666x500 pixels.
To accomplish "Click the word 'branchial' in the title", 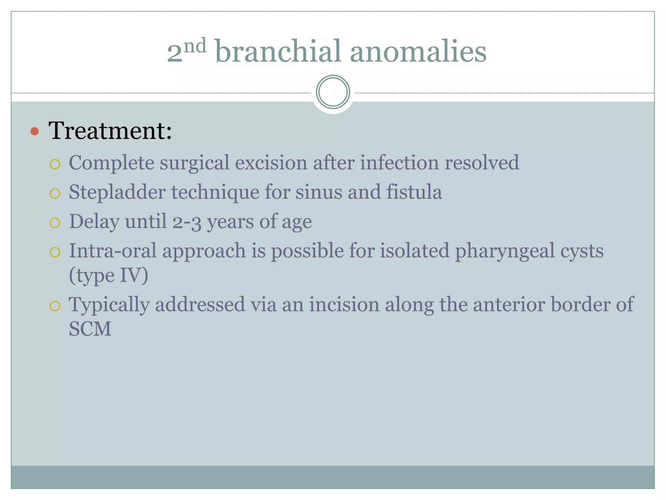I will (278, 51).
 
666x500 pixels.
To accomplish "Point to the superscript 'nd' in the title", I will (195, 46).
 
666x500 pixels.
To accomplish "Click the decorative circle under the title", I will (333, 92).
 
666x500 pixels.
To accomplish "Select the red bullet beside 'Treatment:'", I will (34, 132).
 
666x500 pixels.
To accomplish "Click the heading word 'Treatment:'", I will (110, 131).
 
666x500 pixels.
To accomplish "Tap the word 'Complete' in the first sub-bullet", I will (111, 163).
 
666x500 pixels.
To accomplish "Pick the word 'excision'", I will (271, 163).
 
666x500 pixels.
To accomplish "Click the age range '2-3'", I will (187, 222).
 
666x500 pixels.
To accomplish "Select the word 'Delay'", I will (94, 222).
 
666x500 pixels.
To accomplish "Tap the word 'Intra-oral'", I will (113, 251).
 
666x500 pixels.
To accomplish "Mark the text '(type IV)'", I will (108, 276).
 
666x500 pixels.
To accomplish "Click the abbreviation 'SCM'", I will (90, 329).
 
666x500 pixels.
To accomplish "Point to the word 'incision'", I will (344, 305).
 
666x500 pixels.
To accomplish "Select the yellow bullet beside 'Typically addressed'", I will (55, 306).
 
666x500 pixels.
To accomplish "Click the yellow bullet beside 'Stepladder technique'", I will (55, 194).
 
